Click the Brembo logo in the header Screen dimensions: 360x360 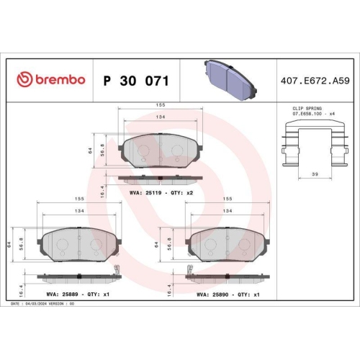50,78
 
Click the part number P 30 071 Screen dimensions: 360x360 136,78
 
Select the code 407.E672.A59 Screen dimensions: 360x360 314,78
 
